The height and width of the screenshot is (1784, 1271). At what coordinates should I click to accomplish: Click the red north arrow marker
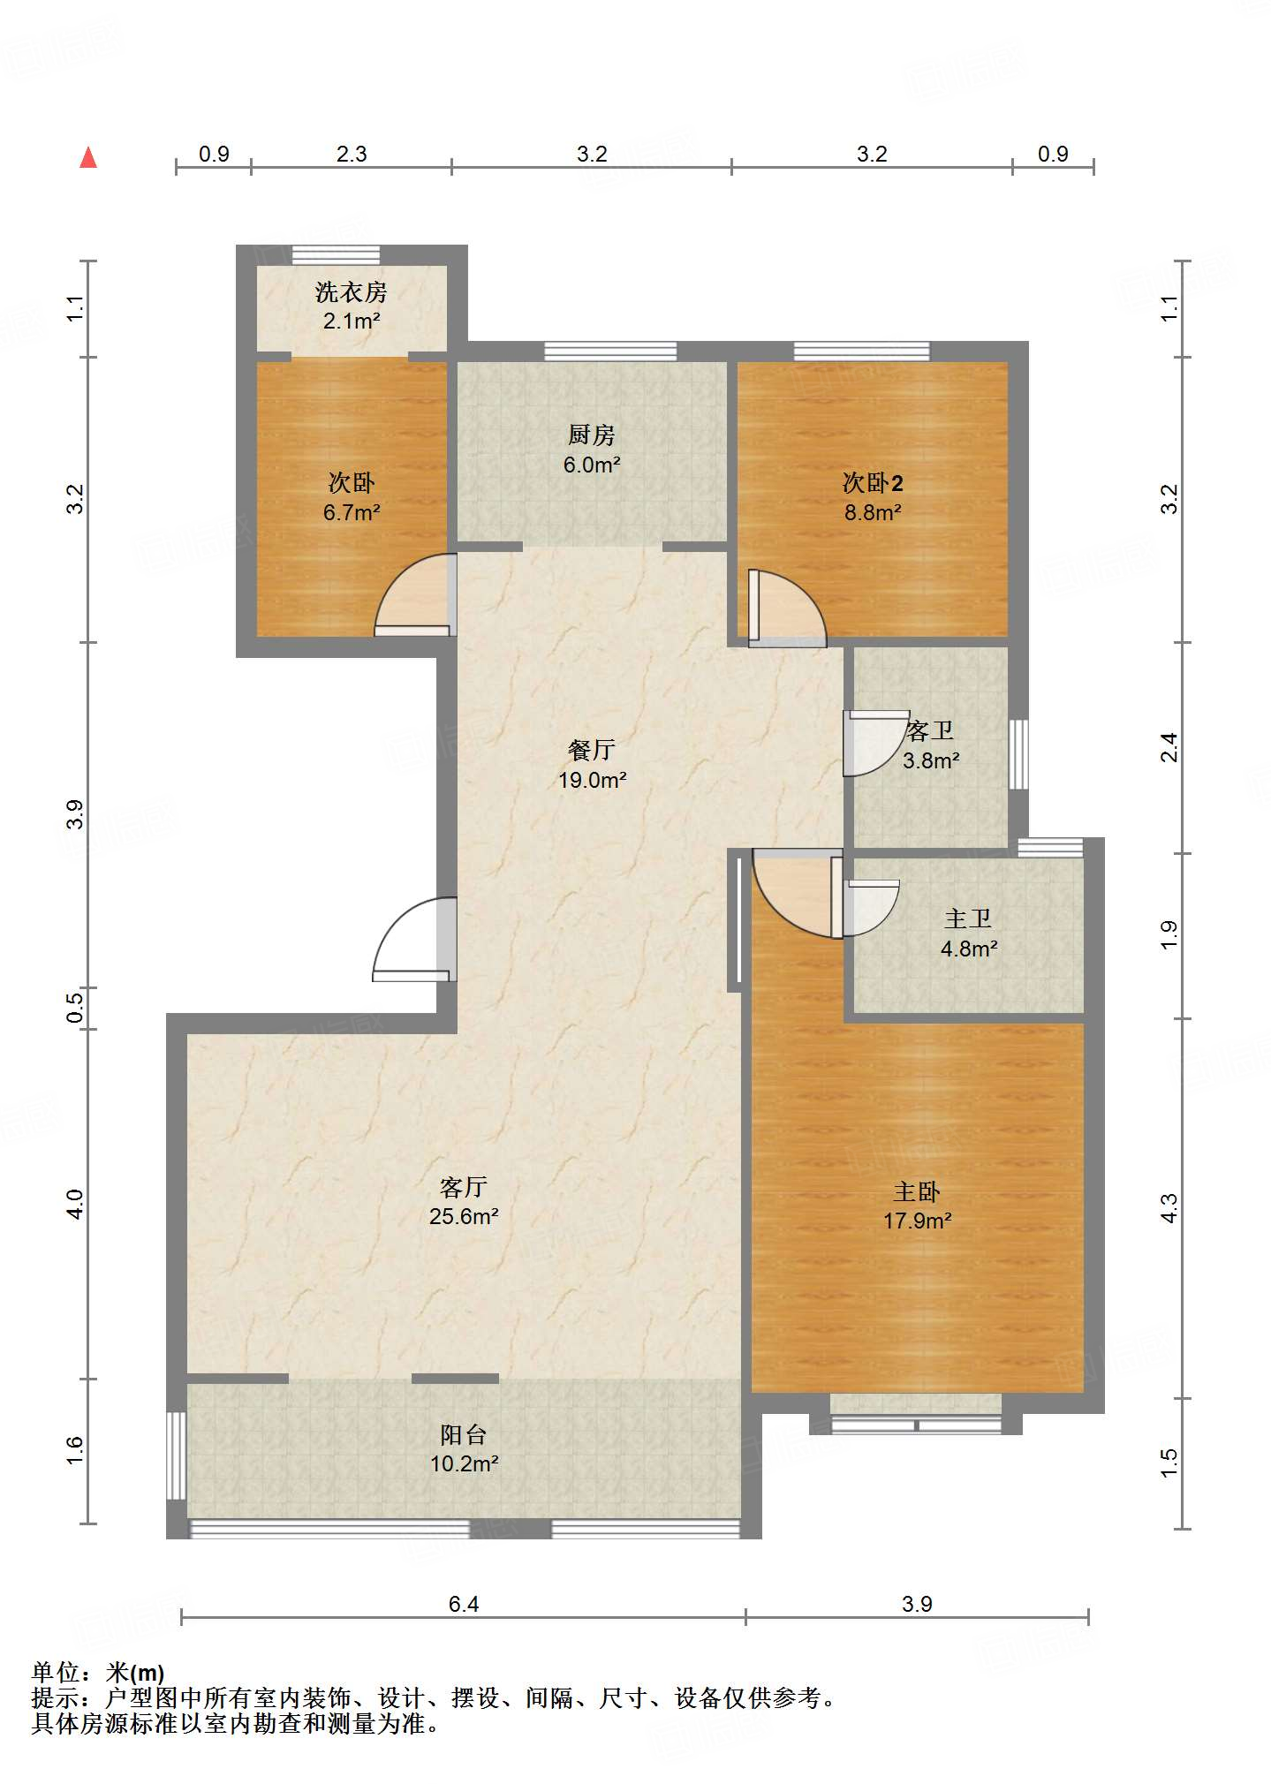point(88,157)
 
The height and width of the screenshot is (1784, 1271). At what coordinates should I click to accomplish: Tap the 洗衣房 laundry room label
point(352,291)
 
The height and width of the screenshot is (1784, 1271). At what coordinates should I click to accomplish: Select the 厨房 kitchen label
point(592,435)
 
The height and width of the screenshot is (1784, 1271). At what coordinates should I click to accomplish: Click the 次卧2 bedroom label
point(873,482)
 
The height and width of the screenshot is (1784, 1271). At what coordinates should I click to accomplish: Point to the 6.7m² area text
point(352,512)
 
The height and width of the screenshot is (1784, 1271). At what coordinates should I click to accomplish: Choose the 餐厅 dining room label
point(592,750)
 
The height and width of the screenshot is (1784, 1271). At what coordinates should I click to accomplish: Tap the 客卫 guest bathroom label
point(931,730)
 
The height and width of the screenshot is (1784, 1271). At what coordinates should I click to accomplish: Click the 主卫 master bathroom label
point(969,918)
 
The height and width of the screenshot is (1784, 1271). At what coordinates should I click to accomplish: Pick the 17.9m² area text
point(918,1221)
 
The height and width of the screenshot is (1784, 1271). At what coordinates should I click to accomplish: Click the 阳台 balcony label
point(464,1435)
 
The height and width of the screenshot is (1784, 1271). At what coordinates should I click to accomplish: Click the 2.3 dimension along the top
point(352,155)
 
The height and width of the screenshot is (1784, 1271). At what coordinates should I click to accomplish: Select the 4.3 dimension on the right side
point(1169,1207)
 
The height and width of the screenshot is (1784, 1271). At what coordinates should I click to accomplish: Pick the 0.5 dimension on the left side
point(76,1008)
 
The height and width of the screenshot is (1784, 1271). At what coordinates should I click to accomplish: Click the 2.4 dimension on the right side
point(1169,747)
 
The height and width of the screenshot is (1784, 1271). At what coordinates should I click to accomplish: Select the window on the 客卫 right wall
point(1018,754)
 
